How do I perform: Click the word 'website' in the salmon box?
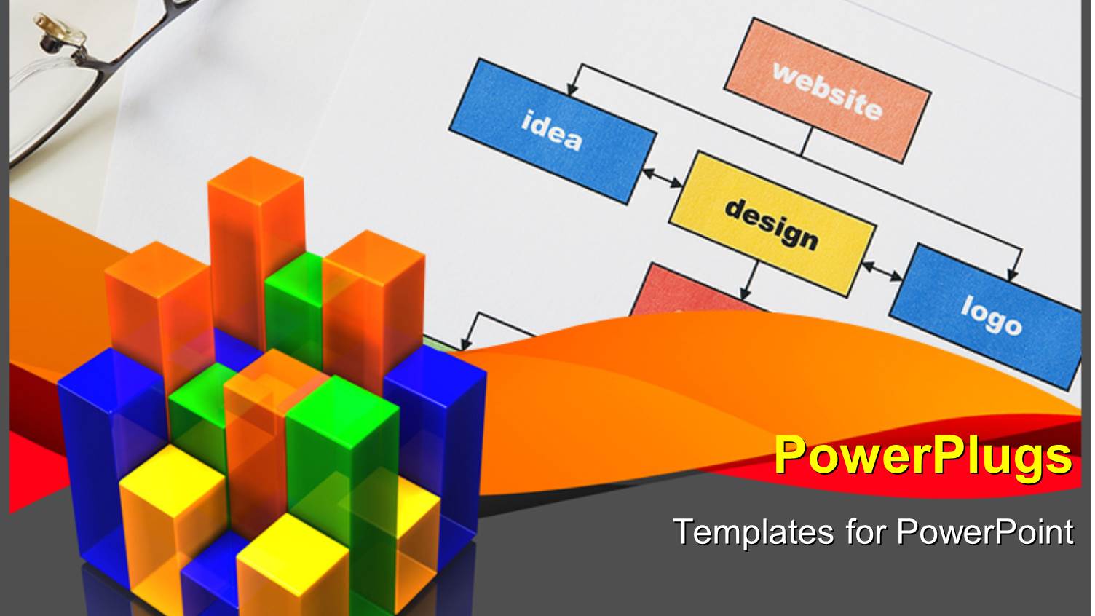(x=828, y=91)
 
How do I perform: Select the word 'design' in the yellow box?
(x=771, y=224)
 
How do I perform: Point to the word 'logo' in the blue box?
(x=990, y=315)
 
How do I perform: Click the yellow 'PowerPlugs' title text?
(x=922, y=456)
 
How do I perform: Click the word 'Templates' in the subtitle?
(x=753, y=532)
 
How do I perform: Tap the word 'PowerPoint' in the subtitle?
(x=984, y=532)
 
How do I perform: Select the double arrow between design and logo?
(x=882, y=270)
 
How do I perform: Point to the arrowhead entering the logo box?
(x=1012, y=275)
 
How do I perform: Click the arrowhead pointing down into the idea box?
(x=572, y=89)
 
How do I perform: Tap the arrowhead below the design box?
(x=746, y=292)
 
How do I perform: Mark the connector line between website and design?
(x=806, y=142)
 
